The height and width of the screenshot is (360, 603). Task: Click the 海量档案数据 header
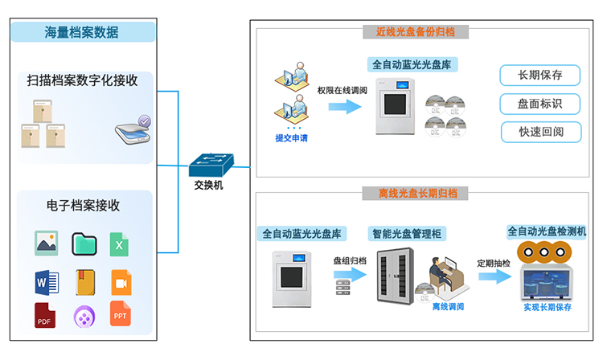pyautogui.click(x=82, y=32)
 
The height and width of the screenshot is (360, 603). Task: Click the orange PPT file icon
pyautogui.click(x=120, y=314)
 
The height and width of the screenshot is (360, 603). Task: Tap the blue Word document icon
pyautogui.click(x=46, y=281)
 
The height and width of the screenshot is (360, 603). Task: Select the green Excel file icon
pyautogui.click(x=120, y=244)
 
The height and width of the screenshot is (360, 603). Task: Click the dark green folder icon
pyautogui.click(x=84, y=243)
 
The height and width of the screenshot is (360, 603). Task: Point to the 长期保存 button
pyautogui.click(x=539, y=76)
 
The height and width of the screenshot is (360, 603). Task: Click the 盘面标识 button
pyautogui.click(x=539, y=104)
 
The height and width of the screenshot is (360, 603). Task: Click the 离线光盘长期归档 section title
pyautogui.click(x=417, y=193)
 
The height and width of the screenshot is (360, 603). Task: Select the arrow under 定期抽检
pyautogui.click(x=494, y=276)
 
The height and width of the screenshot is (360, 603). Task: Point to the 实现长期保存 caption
pyautogui.click(x=547, y=307)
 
